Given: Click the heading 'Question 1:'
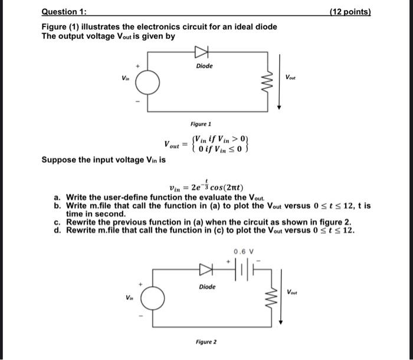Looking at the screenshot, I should [x=61, y=12].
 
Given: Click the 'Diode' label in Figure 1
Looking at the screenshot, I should [x=204, y=66].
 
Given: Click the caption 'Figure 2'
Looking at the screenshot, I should [x=206, y=342].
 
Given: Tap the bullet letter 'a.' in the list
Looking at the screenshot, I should [x=57, y=197].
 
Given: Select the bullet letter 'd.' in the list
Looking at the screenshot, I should [x=57, y=230].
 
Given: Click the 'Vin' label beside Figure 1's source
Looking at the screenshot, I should [x=125, y=77].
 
